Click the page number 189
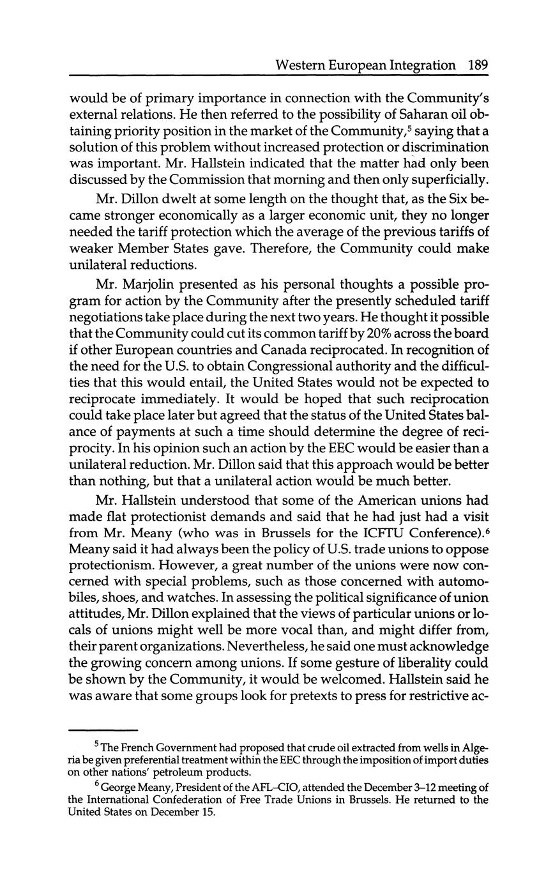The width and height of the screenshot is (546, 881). pos(478,65)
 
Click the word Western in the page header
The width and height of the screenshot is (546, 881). pos(299,65)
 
